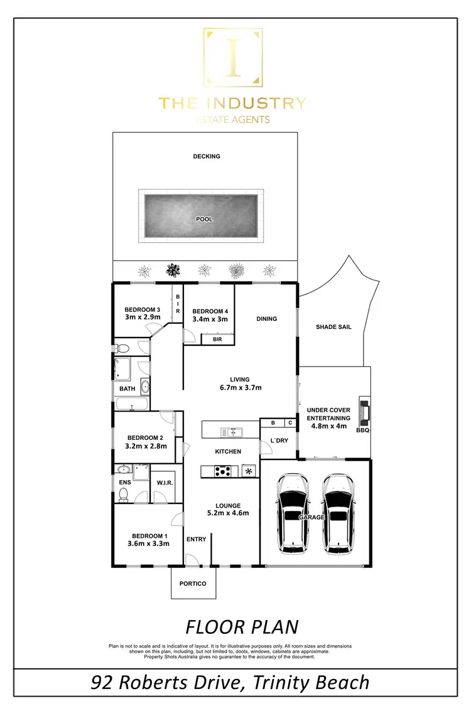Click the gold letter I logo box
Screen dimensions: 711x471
[x=233, y=58]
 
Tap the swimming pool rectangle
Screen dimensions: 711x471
[x=201, y=216]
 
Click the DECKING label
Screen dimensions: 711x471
[x=207, y=156]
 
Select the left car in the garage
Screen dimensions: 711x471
[x=293, y=513]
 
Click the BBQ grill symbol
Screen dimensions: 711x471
[x=364, y=410]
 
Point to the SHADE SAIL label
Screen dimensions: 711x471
[x=333, y=327]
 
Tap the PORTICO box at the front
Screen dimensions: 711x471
[x=193, y=583]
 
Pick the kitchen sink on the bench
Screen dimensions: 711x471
[x=232, y=432]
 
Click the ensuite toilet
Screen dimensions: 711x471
[x=122, y=496]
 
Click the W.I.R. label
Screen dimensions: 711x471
[x=164, y=483]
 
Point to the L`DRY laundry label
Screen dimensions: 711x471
[x=278, y=441]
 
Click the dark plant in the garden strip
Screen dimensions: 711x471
[x=172, y=271]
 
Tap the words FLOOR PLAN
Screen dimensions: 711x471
[x=242, y=626]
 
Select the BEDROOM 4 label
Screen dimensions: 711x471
[x=210, y=311]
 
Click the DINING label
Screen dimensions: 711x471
[x=266, y=319]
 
